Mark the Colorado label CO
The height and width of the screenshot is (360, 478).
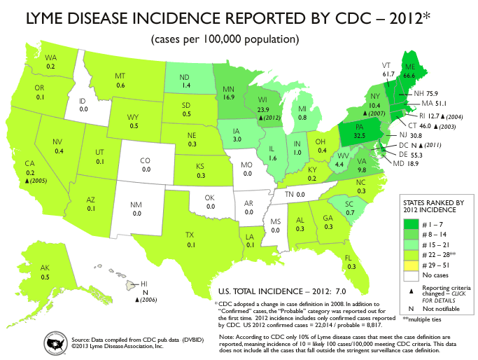point(148,160)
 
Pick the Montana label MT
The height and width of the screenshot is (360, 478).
point(120,76)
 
